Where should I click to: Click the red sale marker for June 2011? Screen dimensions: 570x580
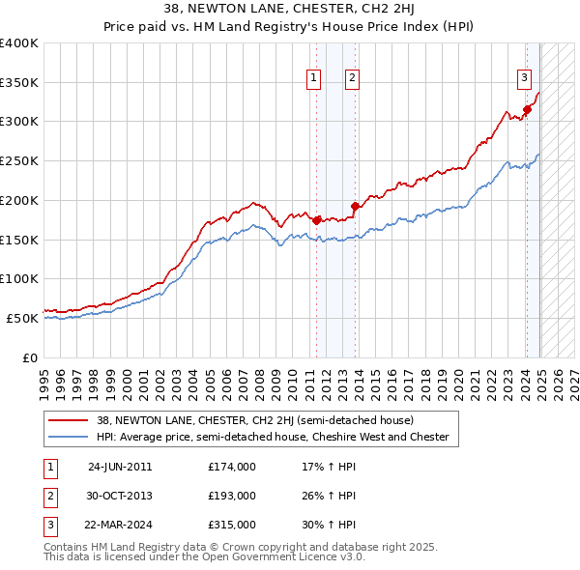(x=317, y=220)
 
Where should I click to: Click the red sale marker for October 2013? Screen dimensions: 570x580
(x=355, y=206)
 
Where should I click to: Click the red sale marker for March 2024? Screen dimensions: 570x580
(x=528, y=109)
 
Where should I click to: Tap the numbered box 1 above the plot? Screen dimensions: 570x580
(x=315, y=79)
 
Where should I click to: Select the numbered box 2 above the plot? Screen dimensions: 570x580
(x=353, y=79)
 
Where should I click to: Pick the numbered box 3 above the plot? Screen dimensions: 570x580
(x=524, y=79)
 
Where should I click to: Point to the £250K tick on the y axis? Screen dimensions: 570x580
(x=18, y=160)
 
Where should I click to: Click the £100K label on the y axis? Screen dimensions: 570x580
(x=18, y=278)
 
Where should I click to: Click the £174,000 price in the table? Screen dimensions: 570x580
(x=231, y=467)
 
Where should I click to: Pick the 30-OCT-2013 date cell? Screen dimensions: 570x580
(x=120, y=496)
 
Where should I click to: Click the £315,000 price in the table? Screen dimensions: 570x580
(x=231, y=525)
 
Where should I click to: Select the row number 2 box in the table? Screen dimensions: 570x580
(x=49, y=496)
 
